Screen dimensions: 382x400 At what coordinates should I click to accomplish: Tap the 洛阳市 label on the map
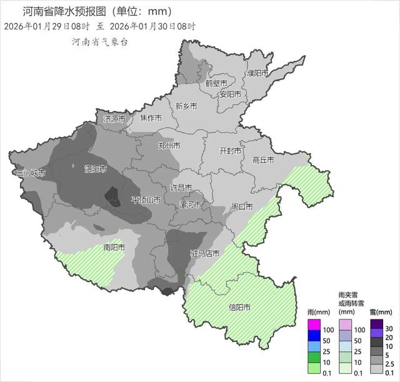click(x=95, y=169)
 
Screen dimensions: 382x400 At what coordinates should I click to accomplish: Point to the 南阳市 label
click(x=114, y=248)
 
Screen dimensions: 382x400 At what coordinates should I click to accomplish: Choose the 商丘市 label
click(x=263, y=160)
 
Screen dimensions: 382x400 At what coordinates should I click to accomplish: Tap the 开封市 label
click(x=230, y=151)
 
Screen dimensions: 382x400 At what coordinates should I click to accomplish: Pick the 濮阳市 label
click(x=257, y=73)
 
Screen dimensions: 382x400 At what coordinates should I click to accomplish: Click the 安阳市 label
click(x=230, y=94)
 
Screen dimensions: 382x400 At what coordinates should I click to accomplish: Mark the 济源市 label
click(x=114, y=118)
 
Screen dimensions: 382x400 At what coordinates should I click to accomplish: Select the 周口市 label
click(x=241, y=206)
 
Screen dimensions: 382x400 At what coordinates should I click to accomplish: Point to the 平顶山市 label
click(x=146, y=200)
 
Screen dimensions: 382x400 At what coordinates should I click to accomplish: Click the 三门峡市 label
click(x=30, y=173)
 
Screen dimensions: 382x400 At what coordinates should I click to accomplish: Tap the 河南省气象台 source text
click(x=100, y=42)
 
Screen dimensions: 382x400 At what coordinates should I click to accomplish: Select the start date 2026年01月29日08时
click(x=46, y=26)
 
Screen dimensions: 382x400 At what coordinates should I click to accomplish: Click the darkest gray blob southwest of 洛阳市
click(x=112, y=197)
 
